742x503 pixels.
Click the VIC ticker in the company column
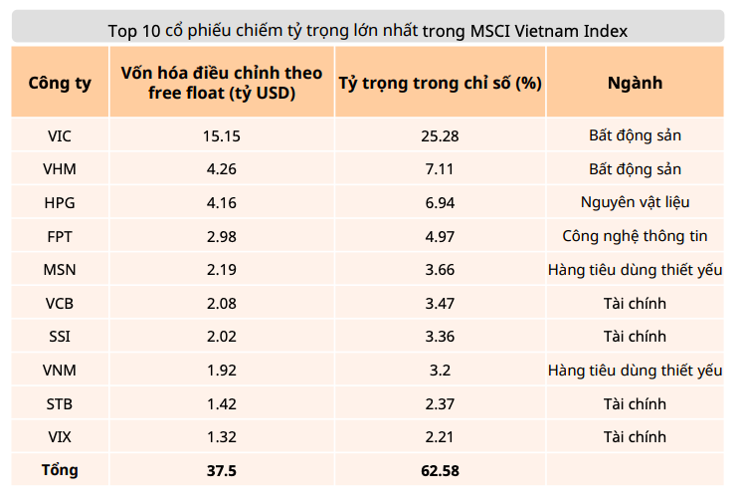tap(60, 135)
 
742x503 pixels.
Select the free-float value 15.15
tap(221, 135)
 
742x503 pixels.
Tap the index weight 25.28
tap(440, 135)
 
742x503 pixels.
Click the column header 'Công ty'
tap(60, 83)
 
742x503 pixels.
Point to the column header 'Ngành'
tap(635, 83)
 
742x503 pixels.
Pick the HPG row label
tap(60, 202)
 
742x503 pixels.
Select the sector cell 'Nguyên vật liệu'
tap(635, 202)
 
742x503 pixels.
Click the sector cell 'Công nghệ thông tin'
tap(635, 236)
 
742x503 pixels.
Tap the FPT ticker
tap(60, 236)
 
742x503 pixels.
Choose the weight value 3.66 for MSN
tap(440, 269)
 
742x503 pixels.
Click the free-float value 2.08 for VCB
tap(221, 303)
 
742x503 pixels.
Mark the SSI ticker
tap(60, 337)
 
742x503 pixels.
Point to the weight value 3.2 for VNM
tap(440, 371)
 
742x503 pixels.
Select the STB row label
tap(60, 403)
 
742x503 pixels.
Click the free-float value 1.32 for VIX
tap(221, 437)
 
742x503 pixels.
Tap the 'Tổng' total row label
tap(60, 470)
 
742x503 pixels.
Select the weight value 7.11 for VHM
tap(440, 169)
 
